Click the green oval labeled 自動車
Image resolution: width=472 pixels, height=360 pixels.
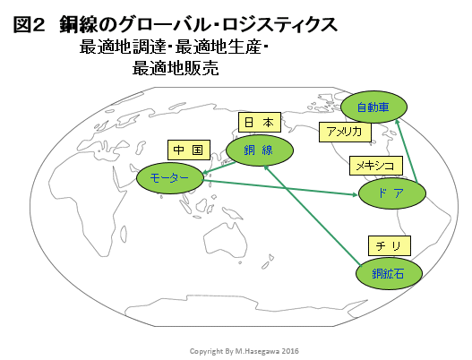373,107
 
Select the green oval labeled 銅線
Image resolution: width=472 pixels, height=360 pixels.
260,150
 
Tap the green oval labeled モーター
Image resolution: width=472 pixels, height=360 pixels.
170,178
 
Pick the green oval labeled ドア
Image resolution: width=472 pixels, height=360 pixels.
392,193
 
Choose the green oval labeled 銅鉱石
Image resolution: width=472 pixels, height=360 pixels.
389,274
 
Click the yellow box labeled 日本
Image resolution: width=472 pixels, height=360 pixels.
260,122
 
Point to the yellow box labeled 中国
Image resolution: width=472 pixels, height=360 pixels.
189,150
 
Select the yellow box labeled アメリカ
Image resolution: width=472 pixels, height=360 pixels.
345,132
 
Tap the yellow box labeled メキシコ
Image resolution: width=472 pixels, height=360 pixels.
375,166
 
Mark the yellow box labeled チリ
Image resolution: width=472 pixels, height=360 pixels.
390,246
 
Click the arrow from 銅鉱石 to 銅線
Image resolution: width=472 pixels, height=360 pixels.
312,215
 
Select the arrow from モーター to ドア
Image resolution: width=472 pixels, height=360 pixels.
280,187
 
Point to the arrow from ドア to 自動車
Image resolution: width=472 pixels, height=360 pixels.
406,150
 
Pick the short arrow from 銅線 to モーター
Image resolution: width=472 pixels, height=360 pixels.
219,168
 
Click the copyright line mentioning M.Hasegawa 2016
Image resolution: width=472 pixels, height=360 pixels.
245,351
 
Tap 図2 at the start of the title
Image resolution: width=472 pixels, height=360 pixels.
30,25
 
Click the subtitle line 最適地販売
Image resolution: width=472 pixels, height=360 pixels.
176,68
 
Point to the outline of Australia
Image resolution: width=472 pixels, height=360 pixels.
225,238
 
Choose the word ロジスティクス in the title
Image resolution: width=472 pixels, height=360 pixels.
280,25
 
